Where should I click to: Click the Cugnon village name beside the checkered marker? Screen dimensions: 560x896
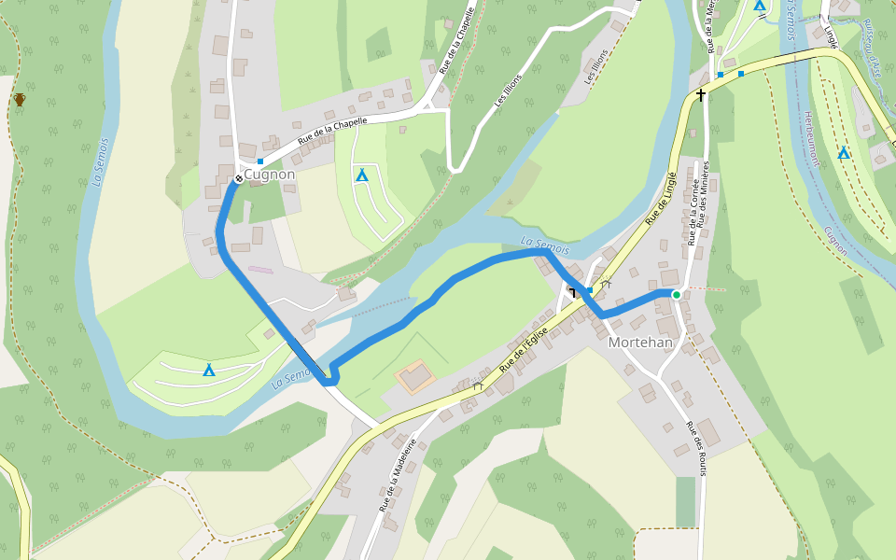[272, 175]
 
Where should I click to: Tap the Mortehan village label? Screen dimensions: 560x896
[640, 343]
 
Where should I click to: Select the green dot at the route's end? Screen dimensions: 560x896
[677, 295]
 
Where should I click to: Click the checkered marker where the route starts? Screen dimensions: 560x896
[239, 177]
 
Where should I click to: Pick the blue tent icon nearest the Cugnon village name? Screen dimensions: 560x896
[361, 175]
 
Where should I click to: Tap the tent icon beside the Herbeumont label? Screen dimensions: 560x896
[844, 152]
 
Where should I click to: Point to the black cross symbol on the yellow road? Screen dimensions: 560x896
[701, 95]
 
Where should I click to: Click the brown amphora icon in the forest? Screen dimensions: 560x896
[20, 99]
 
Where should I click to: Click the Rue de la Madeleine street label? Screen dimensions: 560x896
[398, 474]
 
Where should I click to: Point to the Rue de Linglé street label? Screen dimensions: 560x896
[661, 199]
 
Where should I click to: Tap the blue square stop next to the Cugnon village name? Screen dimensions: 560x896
[260, 162]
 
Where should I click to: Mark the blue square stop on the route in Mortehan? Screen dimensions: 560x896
[589, 290]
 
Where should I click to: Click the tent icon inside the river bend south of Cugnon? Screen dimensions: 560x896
[209, 371]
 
